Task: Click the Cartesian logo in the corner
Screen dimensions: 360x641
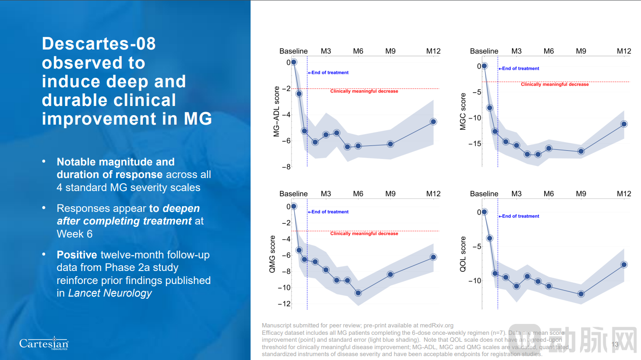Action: [x=44, y=344]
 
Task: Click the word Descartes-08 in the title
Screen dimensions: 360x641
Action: [x=99, y=43]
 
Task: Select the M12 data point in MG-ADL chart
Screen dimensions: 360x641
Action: [x=433, y=122]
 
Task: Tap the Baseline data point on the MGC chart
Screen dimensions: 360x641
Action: [x=484, y=66]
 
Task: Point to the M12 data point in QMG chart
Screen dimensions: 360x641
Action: [x=433, y=257]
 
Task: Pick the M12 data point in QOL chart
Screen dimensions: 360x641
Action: [x=624, y=264]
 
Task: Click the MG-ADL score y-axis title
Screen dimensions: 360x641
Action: [x=277, y=112]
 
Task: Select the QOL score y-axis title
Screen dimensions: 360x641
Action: [x=463, y=254]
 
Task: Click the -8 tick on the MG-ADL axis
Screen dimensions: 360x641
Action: [x=286, y=167]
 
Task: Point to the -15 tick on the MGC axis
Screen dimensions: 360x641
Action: [x=475, y=144]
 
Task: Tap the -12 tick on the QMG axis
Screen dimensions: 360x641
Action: [x=284, y=304]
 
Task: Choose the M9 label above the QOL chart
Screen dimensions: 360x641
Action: [x=581, y=194]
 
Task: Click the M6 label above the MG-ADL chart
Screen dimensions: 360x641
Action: [x=358, y=51]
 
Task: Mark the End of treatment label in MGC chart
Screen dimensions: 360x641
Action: [x=520, y=69]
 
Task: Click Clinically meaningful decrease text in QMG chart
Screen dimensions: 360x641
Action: [x=364, y=234]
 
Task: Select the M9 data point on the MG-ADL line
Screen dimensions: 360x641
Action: [x=390, y=144]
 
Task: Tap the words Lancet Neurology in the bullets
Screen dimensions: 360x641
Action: [x=110, y=293]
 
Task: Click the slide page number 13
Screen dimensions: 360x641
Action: [x=615, y=344]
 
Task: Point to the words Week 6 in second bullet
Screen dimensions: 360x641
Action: [x=75, y=234]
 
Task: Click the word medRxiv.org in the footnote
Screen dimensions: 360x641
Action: [x=436, y=325]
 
